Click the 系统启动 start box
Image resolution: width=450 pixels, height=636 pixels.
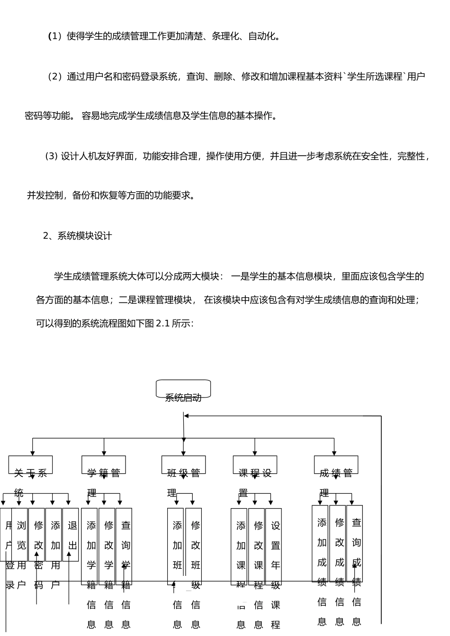(x=183, y=389)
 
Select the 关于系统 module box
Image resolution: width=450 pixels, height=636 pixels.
(x=30, y=465)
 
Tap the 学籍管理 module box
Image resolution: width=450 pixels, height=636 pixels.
(x=104, y=465)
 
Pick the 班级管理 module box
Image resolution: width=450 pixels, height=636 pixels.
(x=183, y=465)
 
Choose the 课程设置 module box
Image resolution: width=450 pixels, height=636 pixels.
(x=255, y=465)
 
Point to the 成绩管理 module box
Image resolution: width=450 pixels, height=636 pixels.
(x=336, y=465)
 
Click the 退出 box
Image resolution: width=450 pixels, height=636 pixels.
(x=71, y=535)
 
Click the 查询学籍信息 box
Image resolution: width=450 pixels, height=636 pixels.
(x=124, y=546)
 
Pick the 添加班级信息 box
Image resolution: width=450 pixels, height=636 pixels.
(x=176, y=546)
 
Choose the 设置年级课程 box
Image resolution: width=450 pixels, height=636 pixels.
(x=274, y=546)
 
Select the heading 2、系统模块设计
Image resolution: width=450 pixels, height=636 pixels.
(x=78, y=236)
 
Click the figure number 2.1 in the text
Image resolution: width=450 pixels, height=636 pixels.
(x=162, y=324)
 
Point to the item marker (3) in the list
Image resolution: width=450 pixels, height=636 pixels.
(x=51, y=156)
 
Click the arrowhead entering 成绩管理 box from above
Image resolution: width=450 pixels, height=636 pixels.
(x=334, y=453)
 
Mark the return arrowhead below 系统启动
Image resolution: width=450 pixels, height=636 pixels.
(x=186, y=416)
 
